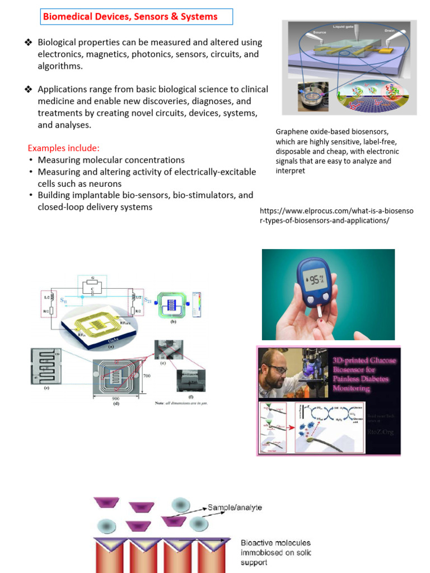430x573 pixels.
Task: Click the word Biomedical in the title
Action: coord(68,17)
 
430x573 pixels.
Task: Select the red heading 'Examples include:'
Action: coord(64,148)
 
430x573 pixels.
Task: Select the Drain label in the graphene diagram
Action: coord(390,31)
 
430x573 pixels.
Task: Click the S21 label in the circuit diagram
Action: coord(148,300)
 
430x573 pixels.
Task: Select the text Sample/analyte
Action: coord(235,508)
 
